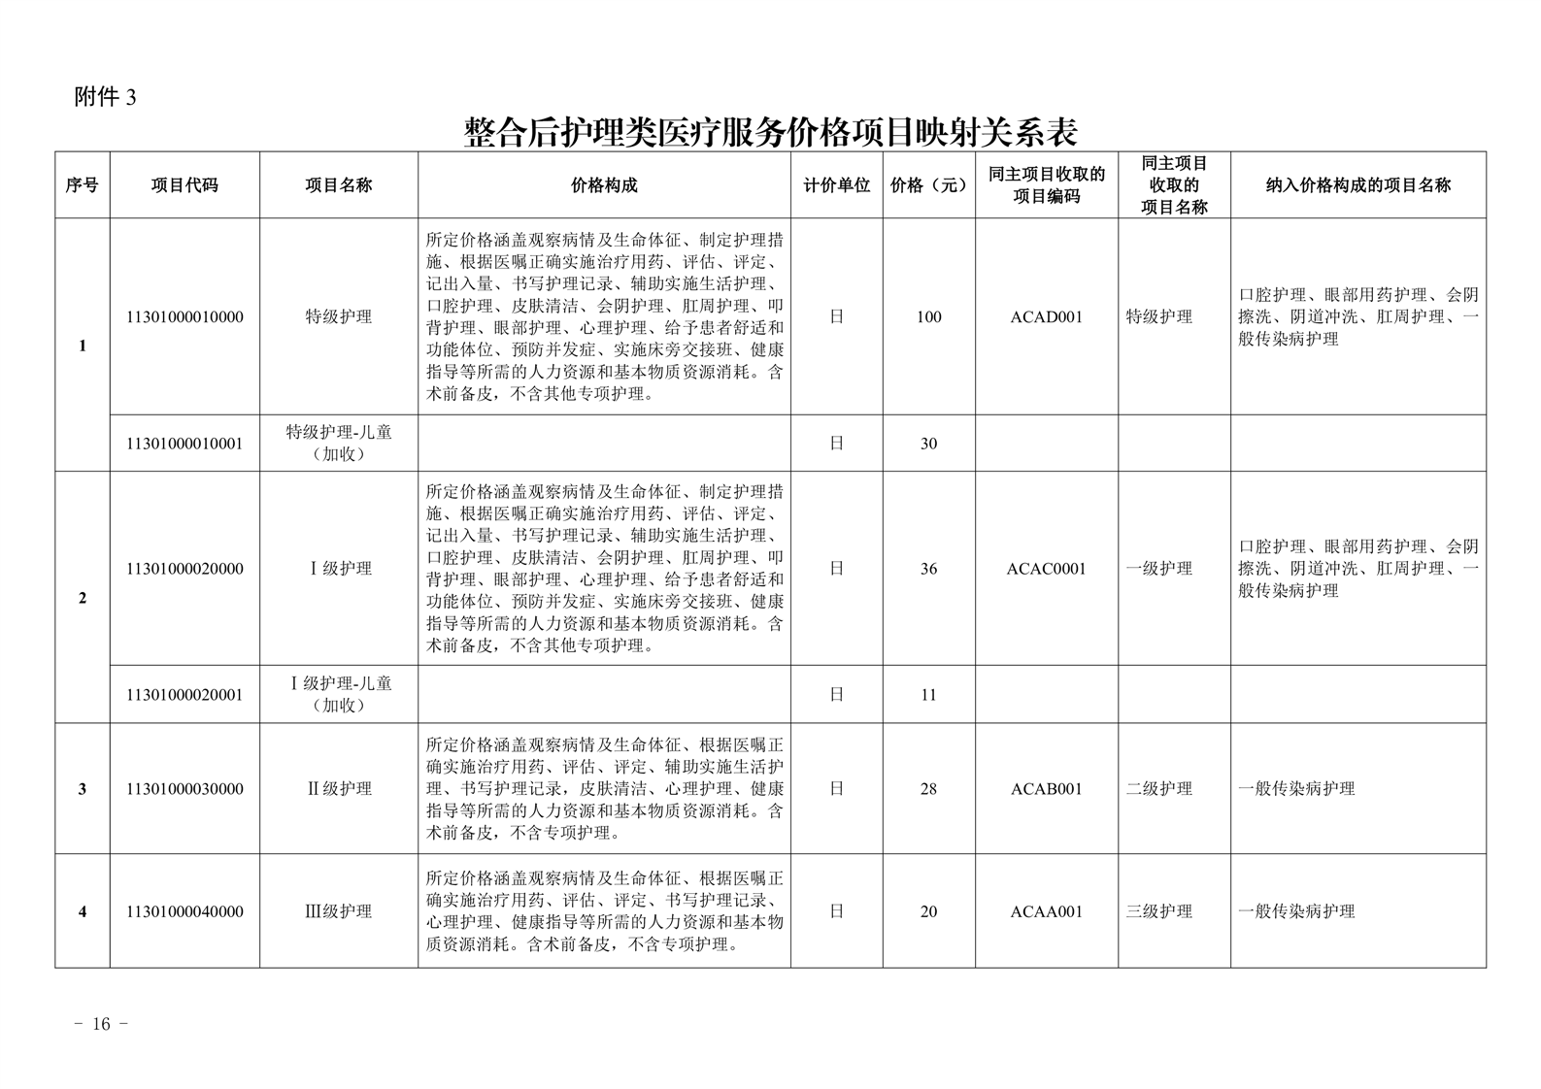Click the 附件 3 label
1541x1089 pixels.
(x=105, y=97)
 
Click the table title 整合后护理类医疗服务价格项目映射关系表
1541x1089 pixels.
(x=771, y=131)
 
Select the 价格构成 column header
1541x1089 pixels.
(x=604, y=185)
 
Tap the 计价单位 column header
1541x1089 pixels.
(x=836, y=185)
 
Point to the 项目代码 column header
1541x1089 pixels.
(x=184, y=185)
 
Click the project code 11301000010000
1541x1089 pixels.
(x=184, y=317)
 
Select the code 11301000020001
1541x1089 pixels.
(x=184, y=695)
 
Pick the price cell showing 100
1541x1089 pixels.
(x=928, y=317)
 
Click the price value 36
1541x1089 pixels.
(x=928, y=569)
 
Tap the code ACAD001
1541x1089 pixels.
(x=1046, y=317)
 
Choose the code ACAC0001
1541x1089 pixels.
(x=1046, y=569)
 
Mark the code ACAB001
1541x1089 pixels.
(x=1046, y=789)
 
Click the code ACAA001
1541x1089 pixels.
(x=1046, y=911)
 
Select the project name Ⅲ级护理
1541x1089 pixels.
(x=339, y=911)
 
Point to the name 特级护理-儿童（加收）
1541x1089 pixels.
(x=339, y=443)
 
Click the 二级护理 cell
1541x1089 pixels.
(x=1159, y=789)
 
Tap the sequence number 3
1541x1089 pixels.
(x=83, y=789)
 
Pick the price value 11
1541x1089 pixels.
(x=928, y=695)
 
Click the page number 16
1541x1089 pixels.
(x=102, y=1025)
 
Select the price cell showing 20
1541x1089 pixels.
(x=928, y=911)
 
